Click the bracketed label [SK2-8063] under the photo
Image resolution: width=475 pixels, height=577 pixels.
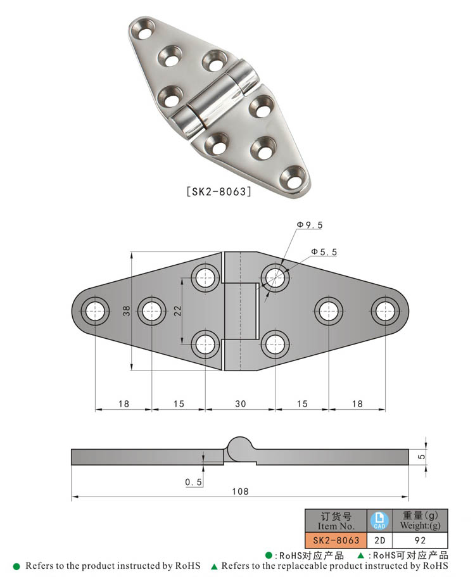pyautogui.click(x=218, y=191)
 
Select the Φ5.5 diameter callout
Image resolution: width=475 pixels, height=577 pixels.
pyautogui.click(x=324, y=252)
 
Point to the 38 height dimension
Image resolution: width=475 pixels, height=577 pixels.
pyautogui.click(x=126, y=311)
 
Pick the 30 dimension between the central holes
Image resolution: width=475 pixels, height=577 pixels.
pyautogui.click(x=240, y=403)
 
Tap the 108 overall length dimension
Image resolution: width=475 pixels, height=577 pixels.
pyautogui.click(x=240, y=491)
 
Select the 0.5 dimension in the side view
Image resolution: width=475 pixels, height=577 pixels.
pyautogui.click(x=193, y=483)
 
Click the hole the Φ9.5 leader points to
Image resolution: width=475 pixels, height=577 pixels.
pyautogui.click(x=274, y=276)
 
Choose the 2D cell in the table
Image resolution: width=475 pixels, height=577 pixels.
pyautogui.click(x=379, y=540)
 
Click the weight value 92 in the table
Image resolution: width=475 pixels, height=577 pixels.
pyautogui.click(x=419, y=540)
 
